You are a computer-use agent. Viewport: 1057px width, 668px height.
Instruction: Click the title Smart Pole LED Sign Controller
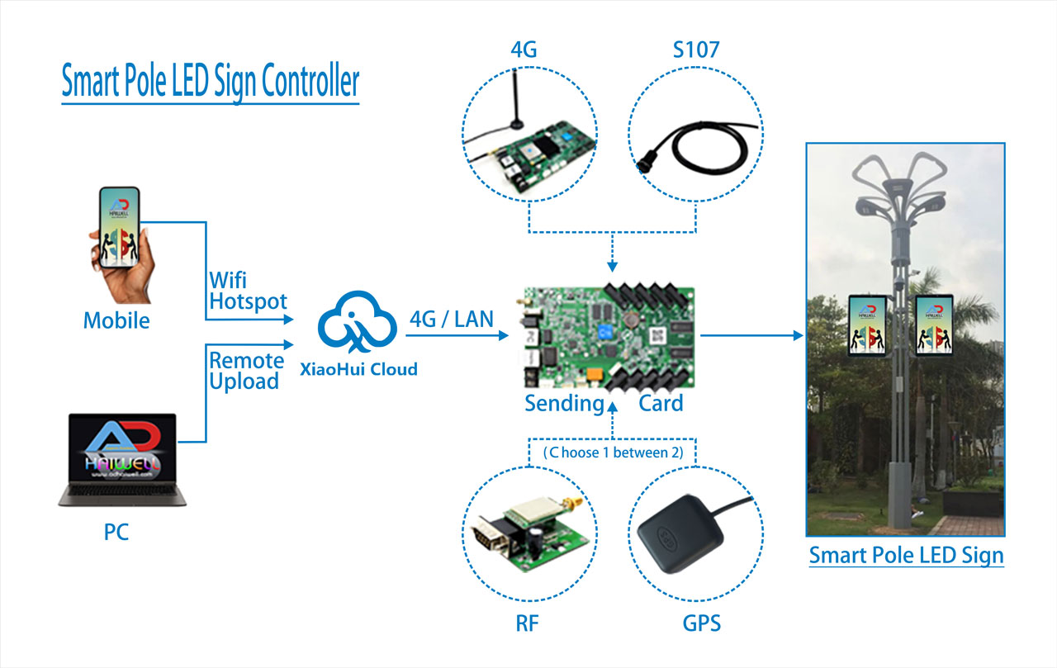pos(211,82)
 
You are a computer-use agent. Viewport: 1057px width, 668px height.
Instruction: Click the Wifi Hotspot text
pos(247,291)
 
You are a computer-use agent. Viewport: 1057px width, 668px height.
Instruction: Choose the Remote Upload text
pos(246,371)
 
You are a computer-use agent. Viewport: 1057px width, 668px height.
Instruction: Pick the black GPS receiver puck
pos(673,536)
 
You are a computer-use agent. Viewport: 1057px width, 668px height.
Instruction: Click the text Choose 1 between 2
pos(613,452)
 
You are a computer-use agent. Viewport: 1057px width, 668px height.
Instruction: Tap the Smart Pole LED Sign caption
pos(906,556)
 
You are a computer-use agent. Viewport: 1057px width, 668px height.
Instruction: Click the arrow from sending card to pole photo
pos(751,335)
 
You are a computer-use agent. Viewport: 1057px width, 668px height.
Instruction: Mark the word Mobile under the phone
pos(116,320)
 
